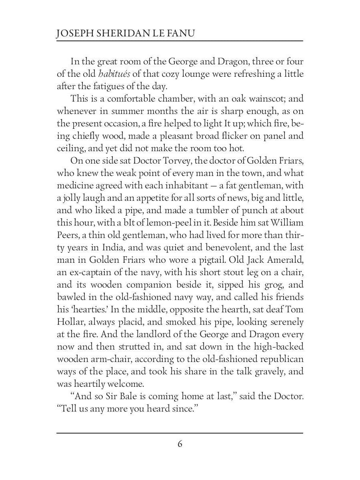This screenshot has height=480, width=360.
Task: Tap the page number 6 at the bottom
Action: point(180,444)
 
